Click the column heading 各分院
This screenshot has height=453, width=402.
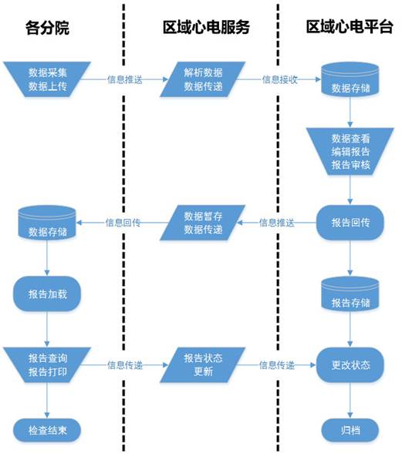click(x=47, y=29)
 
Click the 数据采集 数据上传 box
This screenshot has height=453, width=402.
click(x=47, y=79)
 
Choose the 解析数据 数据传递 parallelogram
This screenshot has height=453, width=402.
click(x=203, y=79)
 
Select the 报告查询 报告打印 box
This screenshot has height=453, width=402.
click(x=47, y=365)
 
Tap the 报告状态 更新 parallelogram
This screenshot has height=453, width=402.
click(x=203, y=365)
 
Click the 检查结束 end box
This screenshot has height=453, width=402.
click(x=47, y=428)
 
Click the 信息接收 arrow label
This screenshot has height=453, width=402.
click(x=279, y=79)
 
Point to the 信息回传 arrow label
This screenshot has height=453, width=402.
click(x=123, y=223)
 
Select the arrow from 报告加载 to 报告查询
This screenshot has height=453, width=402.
click(x=47, y=330)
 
